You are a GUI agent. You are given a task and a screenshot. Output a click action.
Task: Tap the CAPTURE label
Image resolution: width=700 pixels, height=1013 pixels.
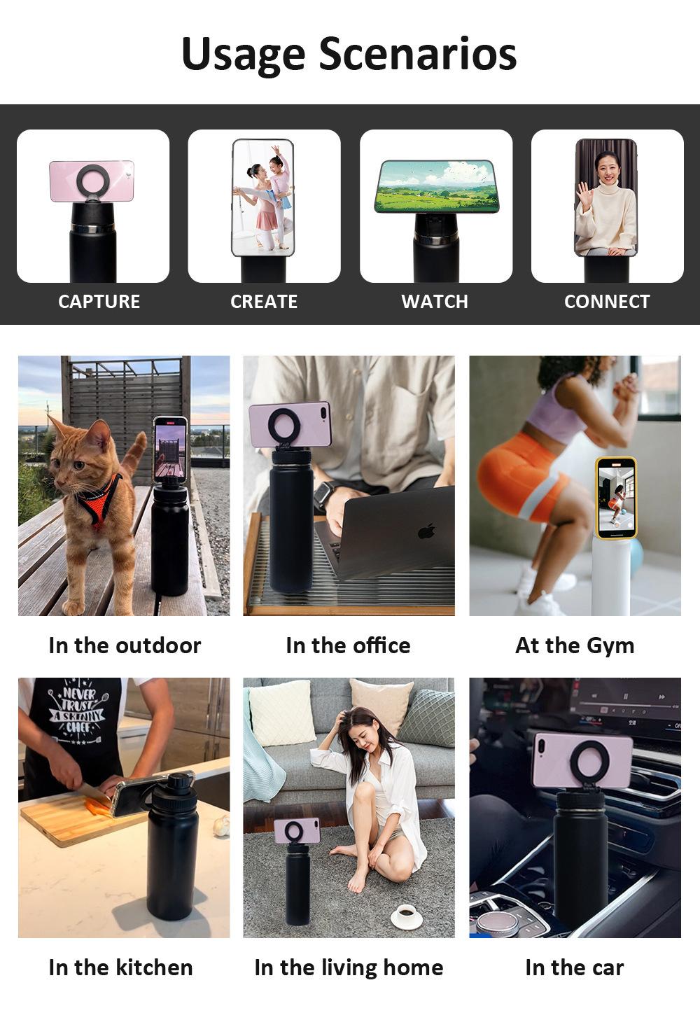tap(99, 302)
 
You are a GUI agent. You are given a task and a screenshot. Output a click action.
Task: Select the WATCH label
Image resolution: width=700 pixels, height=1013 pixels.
tap(435, 302)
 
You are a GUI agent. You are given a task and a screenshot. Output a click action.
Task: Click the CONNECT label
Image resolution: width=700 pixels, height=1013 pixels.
tap(607, 302)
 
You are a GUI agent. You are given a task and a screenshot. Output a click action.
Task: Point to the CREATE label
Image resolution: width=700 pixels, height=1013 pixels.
tap(264, 302)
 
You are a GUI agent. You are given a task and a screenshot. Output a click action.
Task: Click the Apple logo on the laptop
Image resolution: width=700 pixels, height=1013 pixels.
tap(426, 531)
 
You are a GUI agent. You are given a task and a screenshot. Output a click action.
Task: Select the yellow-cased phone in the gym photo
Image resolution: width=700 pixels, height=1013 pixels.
tap(615, 498)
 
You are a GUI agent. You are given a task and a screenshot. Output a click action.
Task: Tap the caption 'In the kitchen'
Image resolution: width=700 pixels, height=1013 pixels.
tap(120, 967)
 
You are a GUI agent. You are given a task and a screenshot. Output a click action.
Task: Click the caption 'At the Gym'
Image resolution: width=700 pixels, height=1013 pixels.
tap(575, 645)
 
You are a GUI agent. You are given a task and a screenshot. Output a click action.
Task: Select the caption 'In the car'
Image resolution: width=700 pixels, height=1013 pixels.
tap(575, 967)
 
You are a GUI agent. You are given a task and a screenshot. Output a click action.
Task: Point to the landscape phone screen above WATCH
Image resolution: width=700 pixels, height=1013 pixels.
tap(437, 186)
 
